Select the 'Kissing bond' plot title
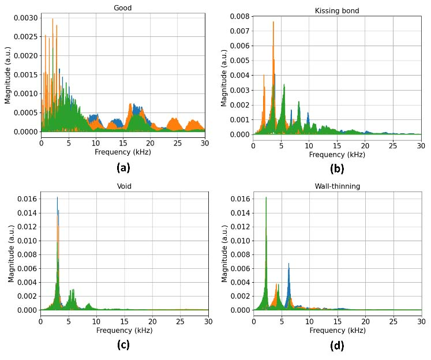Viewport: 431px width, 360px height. pyautogui.click(x=337, y=11)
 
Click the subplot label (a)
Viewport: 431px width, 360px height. pyautogui.click(x=123, y=168)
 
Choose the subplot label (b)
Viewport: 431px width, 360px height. pyautogui.click(x=337, y=169)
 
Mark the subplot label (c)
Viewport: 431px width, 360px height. pyautogui.click(x=123, y=345)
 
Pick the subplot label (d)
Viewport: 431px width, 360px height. pyautogui.click(x=337, y=346)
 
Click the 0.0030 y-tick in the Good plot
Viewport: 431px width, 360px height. pyautogui.click(x=25, y=18)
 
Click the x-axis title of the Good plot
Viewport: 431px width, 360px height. pyautogui.click(x=122, y=152)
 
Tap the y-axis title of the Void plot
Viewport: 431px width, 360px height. pyautogui.click(x=11, y=253)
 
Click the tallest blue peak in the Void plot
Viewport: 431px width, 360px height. pyautogui.click(x=57, y=198)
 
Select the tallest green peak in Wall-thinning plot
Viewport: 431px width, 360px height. pyautogui.click(x=266, y=198)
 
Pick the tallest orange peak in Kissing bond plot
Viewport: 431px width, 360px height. pyautogui.click(x=273, y=22)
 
